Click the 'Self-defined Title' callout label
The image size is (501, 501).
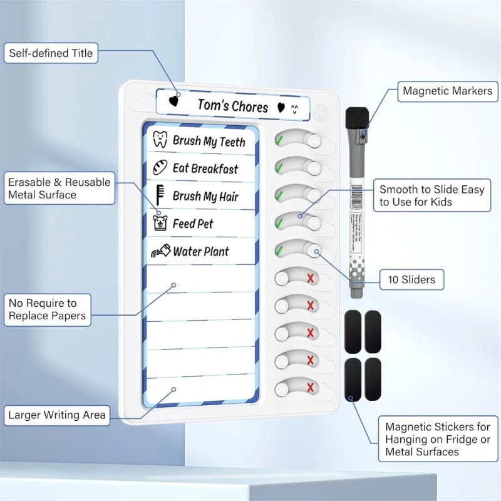(51, 53)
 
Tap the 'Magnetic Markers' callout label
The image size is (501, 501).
(447, 91)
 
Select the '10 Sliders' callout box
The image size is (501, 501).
(411, 279)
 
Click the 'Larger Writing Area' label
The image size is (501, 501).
(57, 415)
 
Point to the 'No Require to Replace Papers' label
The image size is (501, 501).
(47, 310)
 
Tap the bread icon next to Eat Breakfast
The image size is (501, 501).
(160, 168)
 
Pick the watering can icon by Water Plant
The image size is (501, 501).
(159, 251)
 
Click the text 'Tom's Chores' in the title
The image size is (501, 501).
(232, 105)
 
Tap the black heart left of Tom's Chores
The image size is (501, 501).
(175, 101)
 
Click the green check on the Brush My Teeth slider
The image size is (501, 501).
(279, 140)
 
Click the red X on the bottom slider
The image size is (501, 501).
(310, 388)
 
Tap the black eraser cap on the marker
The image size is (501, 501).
(357, 118)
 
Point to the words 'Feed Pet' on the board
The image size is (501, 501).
(193, 224)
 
